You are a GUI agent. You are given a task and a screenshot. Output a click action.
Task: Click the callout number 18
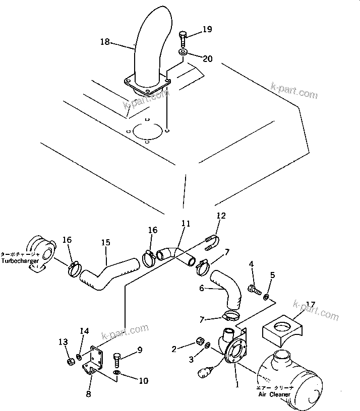(105, 42)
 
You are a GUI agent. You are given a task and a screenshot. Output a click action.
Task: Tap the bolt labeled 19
(183, 38)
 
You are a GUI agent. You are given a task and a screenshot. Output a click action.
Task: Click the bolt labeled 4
(253, 289)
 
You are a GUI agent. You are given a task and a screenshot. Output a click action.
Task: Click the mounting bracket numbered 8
(94, 360)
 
